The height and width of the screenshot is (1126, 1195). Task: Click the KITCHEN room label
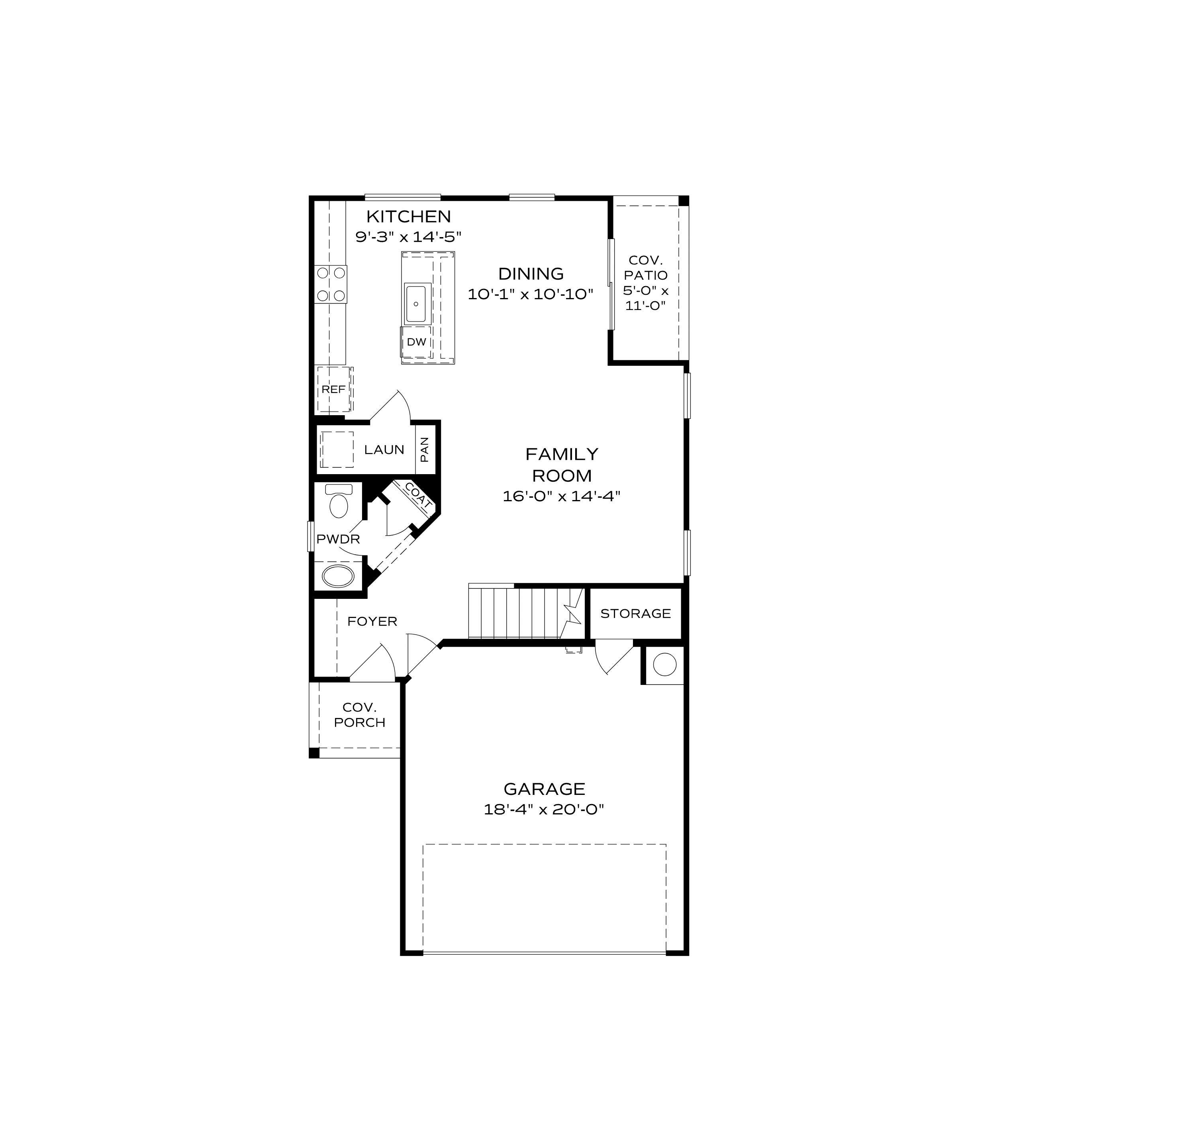(409, 216)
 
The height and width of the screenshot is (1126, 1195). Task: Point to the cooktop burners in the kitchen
(331, 284)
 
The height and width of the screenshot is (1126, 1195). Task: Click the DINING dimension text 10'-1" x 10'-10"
(531, 294)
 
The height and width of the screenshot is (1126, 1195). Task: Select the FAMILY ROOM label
(562, 465)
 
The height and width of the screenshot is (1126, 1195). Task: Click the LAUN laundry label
(384, 450)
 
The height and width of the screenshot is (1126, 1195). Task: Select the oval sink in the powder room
(339, 576)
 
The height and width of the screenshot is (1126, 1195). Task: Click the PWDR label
(339, 539)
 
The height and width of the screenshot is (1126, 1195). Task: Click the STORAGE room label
(635, 614)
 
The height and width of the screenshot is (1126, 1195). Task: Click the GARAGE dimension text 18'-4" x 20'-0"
(544, 810)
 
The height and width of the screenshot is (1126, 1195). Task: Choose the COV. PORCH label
(359, 715)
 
